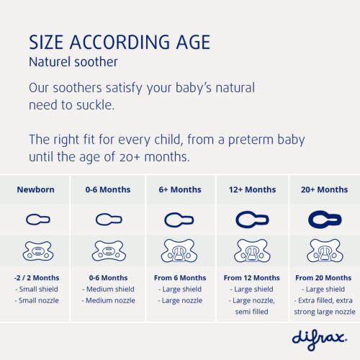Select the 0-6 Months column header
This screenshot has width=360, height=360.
pyautogui.click(x=108, y=190)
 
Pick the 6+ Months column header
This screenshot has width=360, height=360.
pyautogui.click(x=180, y=190)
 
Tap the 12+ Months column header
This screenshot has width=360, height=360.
pyautogui.click(x=252, y=190)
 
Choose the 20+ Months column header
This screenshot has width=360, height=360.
pyautogui.click(x=324, y=190)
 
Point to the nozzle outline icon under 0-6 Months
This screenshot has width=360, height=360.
pyautogui.click(x=108, y=219)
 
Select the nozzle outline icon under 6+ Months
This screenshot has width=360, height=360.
pyautogui.click(x=180, y=219)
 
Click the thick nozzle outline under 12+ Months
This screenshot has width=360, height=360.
pyautogui.click(x=252, y=219)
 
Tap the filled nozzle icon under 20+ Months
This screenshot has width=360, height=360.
pyautogui.click(x=324, y=219)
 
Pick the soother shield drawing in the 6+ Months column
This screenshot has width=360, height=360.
pyautogui.click(x=180, y=251)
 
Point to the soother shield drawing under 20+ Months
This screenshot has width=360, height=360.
pyautogui.click(x=324, y=251)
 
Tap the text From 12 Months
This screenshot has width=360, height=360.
pyautogui.click(x=252, y=278)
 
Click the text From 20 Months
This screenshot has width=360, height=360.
pyautogui.click(x=324, y=278)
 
